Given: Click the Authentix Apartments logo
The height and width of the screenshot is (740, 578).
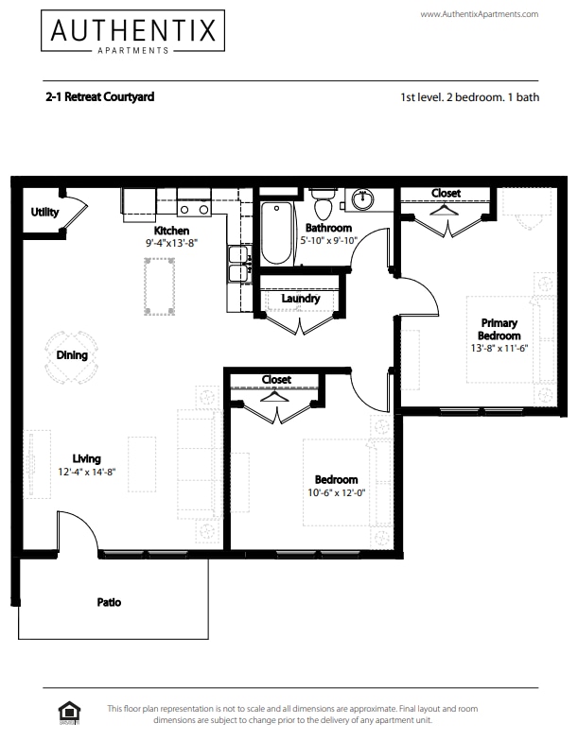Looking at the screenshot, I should (x=133, y=32).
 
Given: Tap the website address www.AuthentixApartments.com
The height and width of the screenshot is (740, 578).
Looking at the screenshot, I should (x=479, y=14).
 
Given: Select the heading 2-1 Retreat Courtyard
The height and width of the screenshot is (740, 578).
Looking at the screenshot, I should (x=99, y=96).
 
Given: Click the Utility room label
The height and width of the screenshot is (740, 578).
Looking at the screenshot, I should (x=44, y=213).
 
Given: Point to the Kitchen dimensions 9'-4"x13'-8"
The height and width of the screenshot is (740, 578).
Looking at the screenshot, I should (x=171, y=243).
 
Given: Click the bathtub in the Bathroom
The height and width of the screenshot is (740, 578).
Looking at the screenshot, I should (x=277, y=232).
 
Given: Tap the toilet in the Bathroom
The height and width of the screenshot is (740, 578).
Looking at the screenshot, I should (x=324, y=204).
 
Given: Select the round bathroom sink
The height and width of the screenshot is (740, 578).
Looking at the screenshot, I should (x=363, y=199).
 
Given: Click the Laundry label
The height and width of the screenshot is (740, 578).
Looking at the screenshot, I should (x=301, y=299).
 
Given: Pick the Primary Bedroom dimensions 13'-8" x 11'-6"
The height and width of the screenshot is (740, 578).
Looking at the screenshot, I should (x=499, y=349).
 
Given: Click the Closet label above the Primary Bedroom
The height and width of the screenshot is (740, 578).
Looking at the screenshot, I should (x=446, y=193).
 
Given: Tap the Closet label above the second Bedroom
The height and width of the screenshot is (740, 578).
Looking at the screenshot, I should (x=276, y=380).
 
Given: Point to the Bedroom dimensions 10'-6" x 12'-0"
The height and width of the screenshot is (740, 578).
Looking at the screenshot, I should (x=336, y=493).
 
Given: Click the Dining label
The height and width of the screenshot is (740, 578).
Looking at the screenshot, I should (x=72, y=356).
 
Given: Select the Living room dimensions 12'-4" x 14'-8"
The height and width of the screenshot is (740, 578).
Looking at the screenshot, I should (x=86, y=472).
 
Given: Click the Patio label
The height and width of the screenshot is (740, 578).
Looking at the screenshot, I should (x=109, y=602).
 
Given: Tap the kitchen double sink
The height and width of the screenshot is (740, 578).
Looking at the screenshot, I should (x=236, y=265).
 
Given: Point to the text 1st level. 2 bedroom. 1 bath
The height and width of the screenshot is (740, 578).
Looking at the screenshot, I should (x=469, y=97).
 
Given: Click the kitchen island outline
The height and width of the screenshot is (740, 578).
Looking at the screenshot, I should (x=159, y=286).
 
